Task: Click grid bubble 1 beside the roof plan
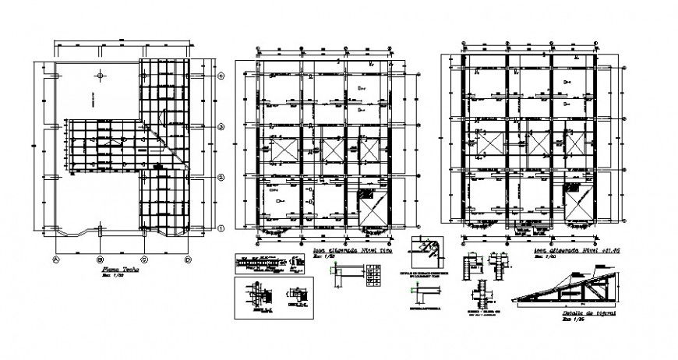click(x=221, y=228)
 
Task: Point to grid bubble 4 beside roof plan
click(x=221, y=76)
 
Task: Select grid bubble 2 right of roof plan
click(x=221, y=178)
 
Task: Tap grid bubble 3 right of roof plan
click(x=221, y=126)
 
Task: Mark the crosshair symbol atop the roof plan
click(x=101, y=75)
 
